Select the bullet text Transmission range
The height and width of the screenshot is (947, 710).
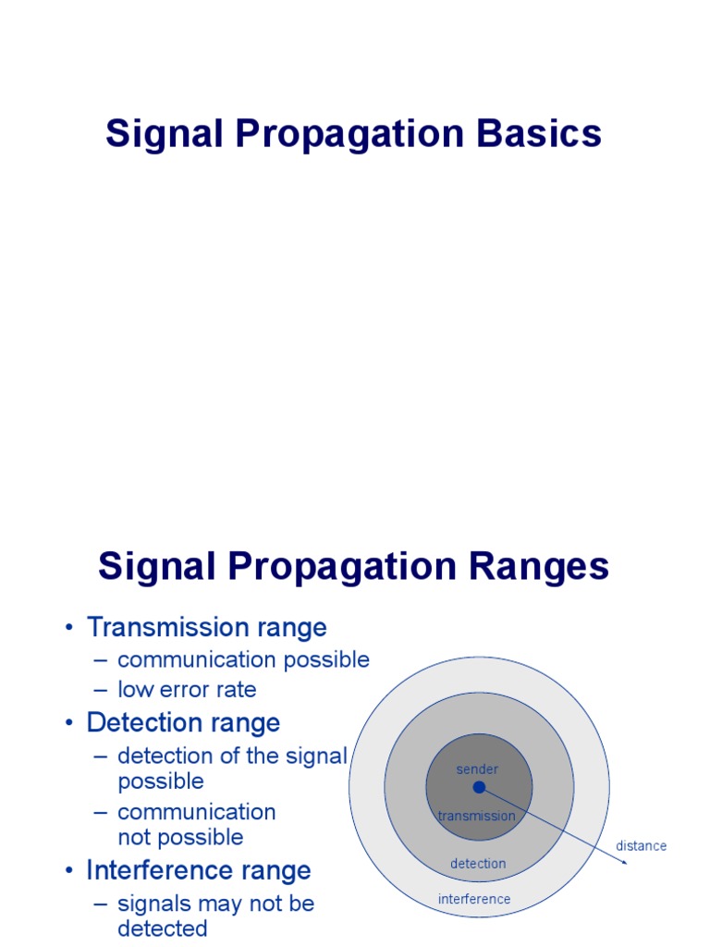206,627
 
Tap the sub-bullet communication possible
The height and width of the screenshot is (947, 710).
243,659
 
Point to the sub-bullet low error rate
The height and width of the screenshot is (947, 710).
187,689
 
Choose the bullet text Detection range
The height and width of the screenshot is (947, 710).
183,722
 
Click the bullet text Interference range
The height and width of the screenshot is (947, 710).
199,870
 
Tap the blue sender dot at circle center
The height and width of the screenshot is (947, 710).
479,787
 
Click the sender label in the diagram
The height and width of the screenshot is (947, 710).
477,769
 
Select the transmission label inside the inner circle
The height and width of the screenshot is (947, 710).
476,816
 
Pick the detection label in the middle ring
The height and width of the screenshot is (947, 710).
478,864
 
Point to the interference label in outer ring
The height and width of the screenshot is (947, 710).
474,899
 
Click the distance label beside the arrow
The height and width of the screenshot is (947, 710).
641,846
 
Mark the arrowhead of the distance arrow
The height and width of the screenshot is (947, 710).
625,861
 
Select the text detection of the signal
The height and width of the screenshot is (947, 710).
231,756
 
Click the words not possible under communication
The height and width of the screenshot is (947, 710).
180,837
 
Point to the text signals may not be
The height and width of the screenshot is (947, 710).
215,904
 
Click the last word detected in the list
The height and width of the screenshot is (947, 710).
162,929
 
